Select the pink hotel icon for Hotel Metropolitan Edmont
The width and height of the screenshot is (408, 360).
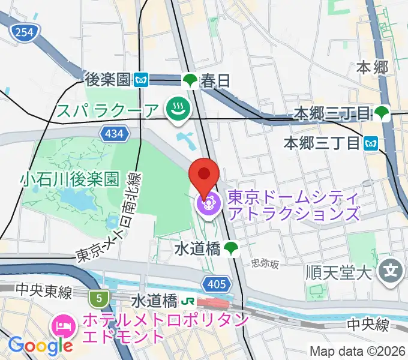click(x=64, y=326)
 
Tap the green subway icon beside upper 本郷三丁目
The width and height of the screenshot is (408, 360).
click(x=380, y=112)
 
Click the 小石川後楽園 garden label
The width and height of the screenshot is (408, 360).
click(x=67, y=178)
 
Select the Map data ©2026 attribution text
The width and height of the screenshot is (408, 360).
click(x=357, y=351)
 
